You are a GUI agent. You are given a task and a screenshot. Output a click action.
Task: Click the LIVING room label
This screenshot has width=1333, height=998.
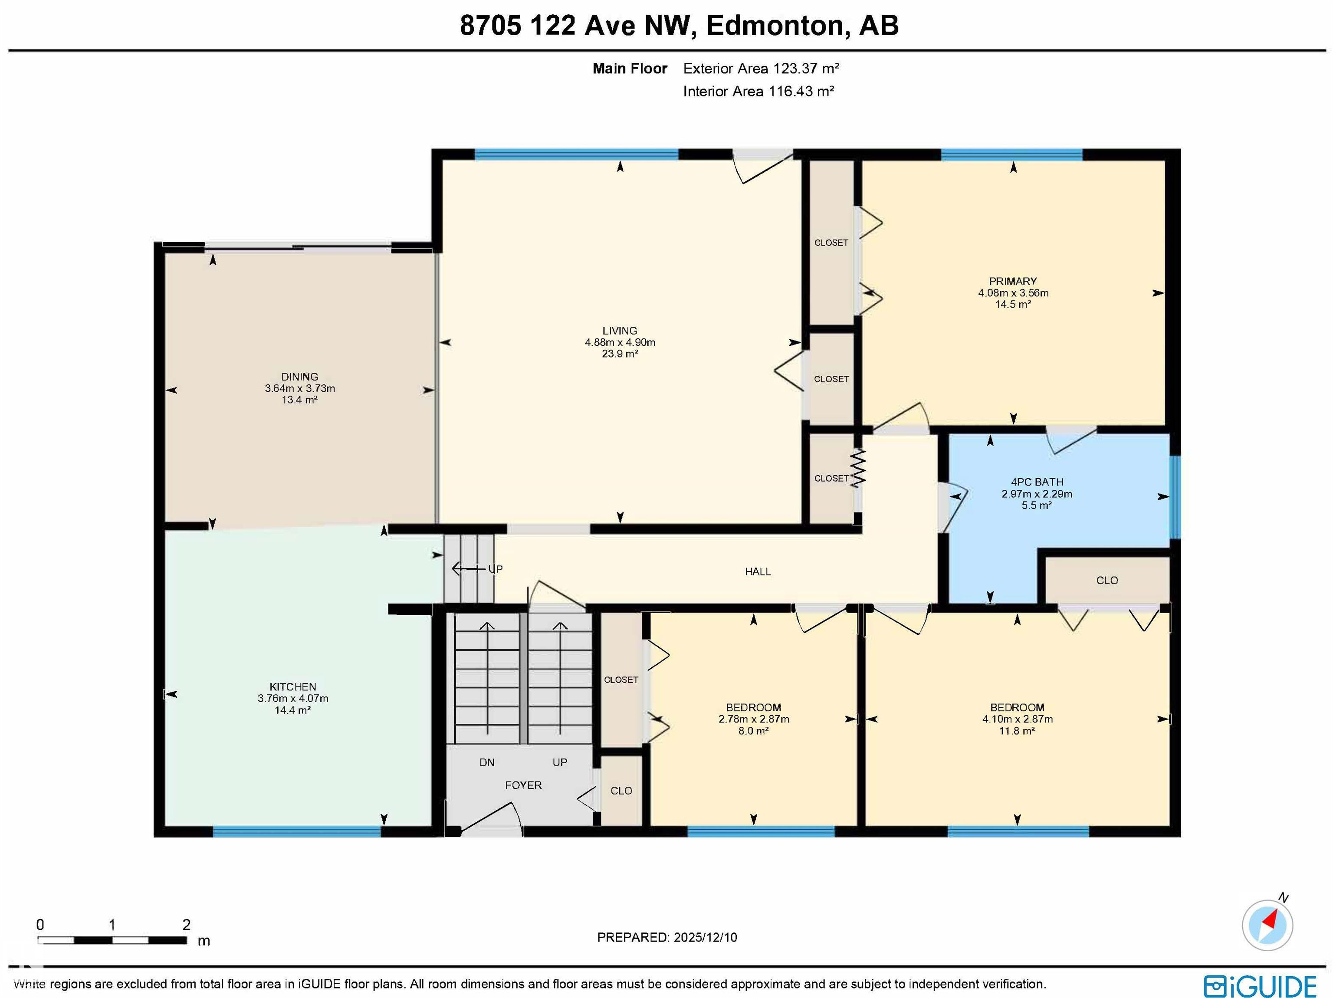[x=620, y=330]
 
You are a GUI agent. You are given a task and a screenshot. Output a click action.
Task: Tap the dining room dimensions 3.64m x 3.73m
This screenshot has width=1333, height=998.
[x=299, y=388]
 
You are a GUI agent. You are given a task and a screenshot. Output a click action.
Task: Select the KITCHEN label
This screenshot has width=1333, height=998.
[x=292, y=686]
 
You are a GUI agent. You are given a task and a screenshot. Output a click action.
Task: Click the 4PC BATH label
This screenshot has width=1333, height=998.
[x=1037, y=482]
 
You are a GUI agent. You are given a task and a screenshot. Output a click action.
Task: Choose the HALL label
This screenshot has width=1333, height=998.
[x=758, y=571]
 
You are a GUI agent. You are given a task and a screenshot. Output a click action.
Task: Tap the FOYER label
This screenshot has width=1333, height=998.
[x=523, y=785]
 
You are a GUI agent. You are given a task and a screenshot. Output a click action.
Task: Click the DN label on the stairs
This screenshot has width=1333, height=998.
[x=486, y=762]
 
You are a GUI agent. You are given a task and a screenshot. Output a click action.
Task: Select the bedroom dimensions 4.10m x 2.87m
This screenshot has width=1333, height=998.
[x=1017, y=719]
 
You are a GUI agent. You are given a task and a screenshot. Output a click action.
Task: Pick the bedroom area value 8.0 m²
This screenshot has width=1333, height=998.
[x=753, y=730]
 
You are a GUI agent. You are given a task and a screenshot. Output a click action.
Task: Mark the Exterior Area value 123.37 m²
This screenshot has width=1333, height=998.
[x=806, y=69]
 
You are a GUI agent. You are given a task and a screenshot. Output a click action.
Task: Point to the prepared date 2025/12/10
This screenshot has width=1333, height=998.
[x=705, y=937]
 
